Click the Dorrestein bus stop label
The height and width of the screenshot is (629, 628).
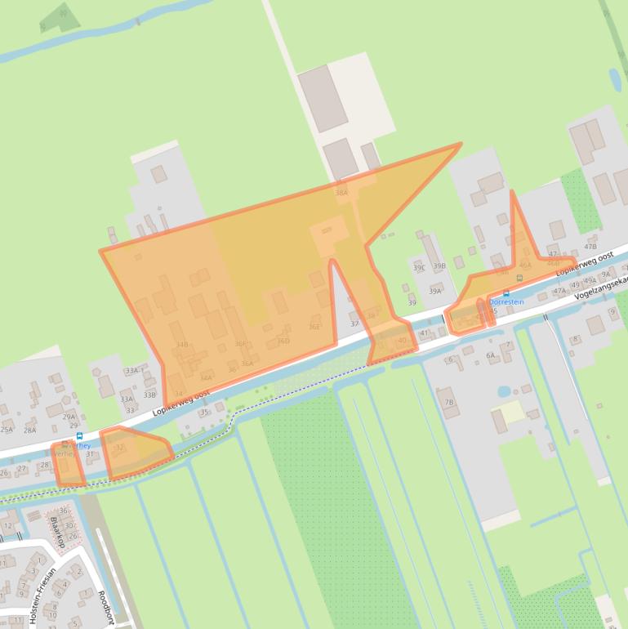[x=506, y=301]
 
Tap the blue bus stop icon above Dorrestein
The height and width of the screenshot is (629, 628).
[x=506, y=292]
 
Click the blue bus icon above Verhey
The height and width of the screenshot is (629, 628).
[x=78, y=436]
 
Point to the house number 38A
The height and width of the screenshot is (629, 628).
[x=341, y=194]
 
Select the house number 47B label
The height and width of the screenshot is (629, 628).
[x=590, y=246]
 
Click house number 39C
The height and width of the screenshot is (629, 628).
[x=419, y=267]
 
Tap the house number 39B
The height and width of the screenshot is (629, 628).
[x=439, y=266]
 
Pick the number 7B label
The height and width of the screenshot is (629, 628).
[x=448, y=402]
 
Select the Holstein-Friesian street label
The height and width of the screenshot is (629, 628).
[x=43, y=596]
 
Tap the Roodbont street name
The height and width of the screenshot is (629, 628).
[x=104, y=608]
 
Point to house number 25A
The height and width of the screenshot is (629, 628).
[x=7, y=430]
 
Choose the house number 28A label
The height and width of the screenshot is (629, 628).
[x=30, y=430]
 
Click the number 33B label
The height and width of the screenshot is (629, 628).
[x=149, y=395]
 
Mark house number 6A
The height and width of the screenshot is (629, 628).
[x=491, y=355]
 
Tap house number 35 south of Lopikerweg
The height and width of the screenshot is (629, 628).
[x=204, y=413]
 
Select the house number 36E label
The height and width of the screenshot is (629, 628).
[x=314, y=327]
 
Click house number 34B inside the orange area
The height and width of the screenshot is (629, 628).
[x=181, y=345]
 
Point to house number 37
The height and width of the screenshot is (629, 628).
[x=354, y=324]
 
